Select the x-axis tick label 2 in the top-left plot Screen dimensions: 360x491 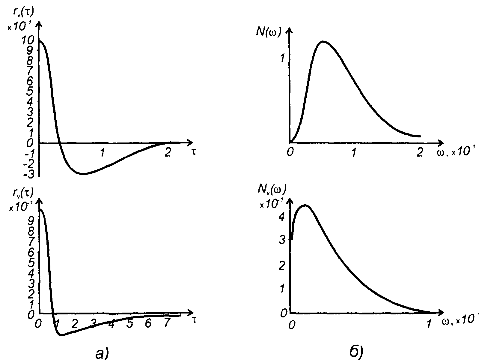[x=167, y=153]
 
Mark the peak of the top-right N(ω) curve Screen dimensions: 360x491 [x=323, y=41]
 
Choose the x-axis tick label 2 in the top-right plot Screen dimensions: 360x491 [x=419, y=153]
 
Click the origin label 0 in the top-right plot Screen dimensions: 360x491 [x=289, y=153]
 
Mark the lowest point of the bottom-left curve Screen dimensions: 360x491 [x=61, y=335]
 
